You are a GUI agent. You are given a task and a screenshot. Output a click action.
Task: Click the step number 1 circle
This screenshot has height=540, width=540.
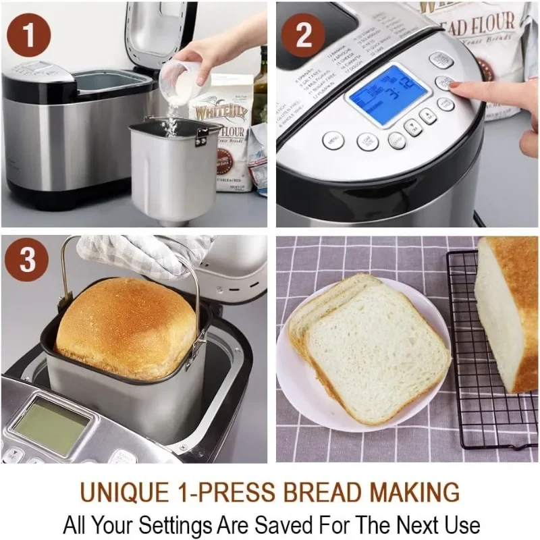click(x=28, y=35)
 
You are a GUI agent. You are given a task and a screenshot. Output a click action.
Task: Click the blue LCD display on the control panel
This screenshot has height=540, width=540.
click(x=387, y=94)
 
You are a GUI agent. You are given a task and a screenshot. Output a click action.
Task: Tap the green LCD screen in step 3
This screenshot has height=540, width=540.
click(x=51, y=423)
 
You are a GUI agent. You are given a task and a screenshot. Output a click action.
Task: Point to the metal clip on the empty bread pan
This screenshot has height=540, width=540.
click(x=200, y=136)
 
